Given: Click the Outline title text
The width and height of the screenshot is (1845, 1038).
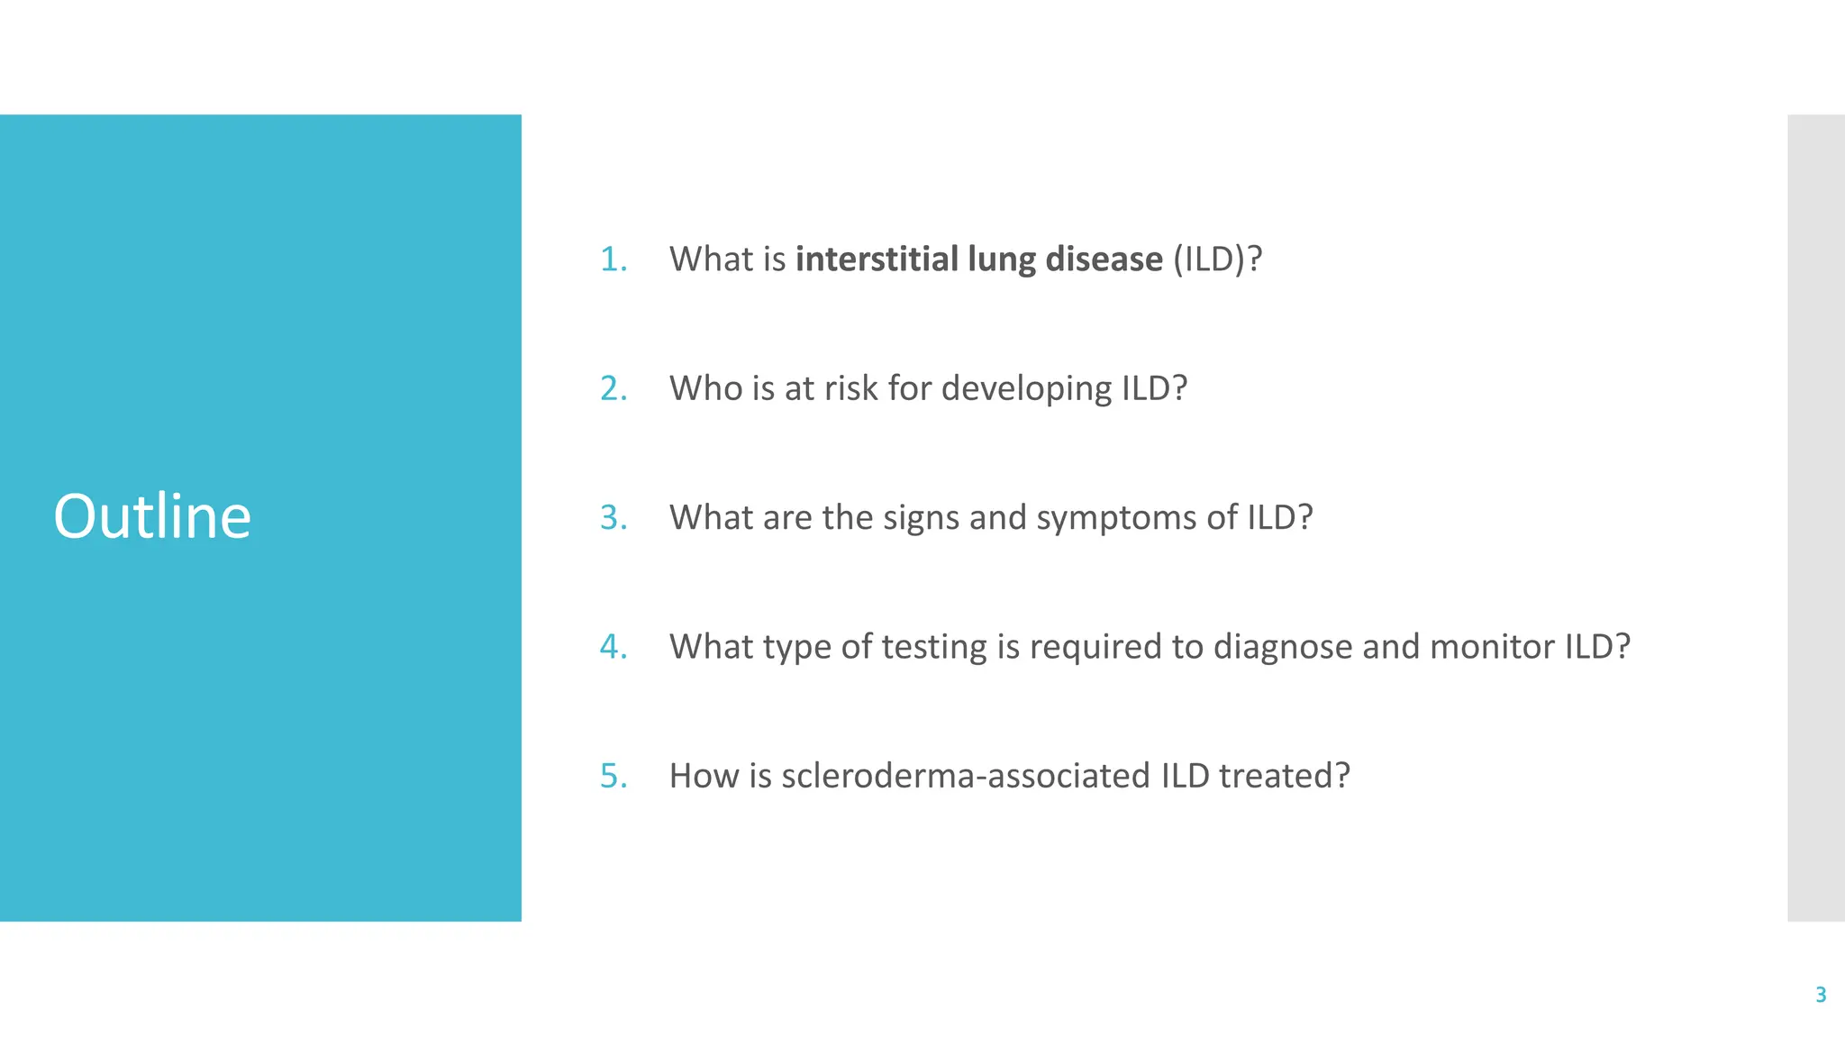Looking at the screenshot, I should [152, 516].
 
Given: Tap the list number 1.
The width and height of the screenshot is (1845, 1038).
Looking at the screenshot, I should [613, 259].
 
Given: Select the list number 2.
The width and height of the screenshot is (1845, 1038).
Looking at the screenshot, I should [613, 388].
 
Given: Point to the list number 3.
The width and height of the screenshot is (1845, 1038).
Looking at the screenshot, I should [613, 518].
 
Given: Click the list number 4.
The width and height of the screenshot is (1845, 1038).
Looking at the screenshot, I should [613, 647].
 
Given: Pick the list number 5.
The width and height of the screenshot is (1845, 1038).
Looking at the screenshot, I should [613, 776].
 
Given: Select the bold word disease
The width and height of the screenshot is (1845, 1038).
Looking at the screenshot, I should [1104, 259].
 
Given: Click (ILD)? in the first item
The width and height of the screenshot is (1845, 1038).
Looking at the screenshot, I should [1217, 259].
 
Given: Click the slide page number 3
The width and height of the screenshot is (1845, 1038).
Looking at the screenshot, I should [1820, 995].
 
